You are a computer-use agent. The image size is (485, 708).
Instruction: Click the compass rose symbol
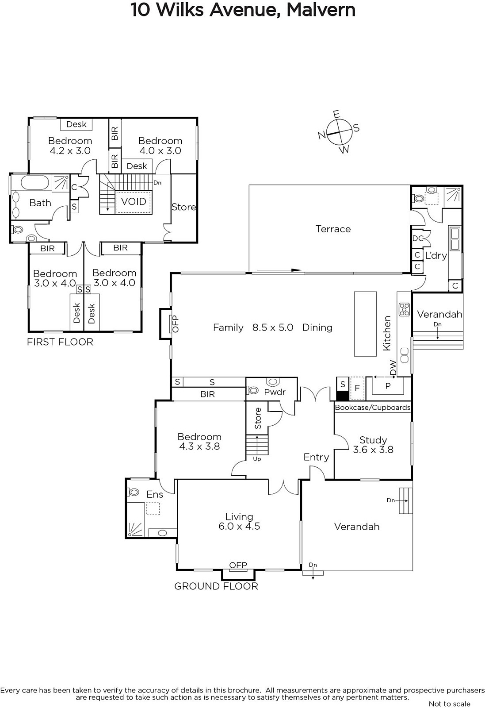339,132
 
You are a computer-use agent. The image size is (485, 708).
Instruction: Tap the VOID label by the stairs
134,201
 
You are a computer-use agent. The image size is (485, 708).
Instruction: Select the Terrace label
333,229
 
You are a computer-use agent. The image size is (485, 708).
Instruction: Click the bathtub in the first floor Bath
35,183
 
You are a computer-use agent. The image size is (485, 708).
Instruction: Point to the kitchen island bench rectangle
365,324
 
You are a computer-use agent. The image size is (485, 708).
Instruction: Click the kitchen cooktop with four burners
404,309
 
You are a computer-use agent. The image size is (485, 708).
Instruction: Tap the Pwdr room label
275,392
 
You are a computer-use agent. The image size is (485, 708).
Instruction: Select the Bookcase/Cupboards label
373,408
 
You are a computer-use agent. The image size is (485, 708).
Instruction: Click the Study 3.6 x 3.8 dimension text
373,450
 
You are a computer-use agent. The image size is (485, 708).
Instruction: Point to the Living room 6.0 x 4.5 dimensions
239,526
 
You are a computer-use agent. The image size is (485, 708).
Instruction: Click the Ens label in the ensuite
155,494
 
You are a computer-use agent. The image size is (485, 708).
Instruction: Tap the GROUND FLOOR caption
216,586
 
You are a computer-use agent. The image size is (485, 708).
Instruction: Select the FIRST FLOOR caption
60,342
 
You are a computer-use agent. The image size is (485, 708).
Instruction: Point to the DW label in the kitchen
393,368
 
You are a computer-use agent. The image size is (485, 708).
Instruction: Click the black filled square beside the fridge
343,396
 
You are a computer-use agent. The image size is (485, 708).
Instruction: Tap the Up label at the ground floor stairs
257,458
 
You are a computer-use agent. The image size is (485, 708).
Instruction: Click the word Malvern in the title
321,10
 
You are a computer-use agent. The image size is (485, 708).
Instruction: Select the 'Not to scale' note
449,704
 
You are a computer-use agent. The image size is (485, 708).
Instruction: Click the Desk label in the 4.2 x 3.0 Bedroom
76,124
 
